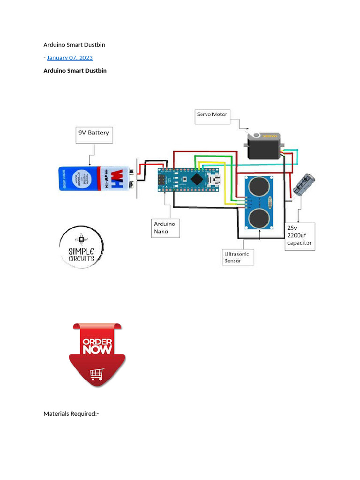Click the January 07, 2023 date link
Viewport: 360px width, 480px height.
point(70,58)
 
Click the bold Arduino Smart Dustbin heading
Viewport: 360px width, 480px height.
point(75,71)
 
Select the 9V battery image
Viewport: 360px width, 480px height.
point(93,179)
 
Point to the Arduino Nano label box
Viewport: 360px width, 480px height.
point(166,228)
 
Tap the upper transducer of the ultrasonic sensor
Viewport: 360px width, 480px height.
point(259,187)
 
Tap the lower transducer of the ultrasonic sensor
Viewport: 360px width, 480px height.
point(259,217)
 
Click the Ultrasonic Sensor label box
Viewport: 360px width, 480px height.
point(237,257)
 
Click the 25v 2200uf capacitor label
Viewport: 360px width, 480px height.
point(300,236)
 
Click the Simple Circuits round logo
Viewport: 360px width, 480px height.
point(81,247)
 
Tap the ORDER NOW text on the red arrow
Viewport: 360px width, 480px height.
point(97,346)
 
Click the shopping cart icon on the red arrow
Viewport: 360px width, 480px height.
point(97,374)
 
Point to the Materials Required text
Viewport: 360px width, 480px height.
point(71,414)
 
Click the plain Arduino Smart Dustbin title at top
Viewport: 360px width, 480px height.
point(74,45)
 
